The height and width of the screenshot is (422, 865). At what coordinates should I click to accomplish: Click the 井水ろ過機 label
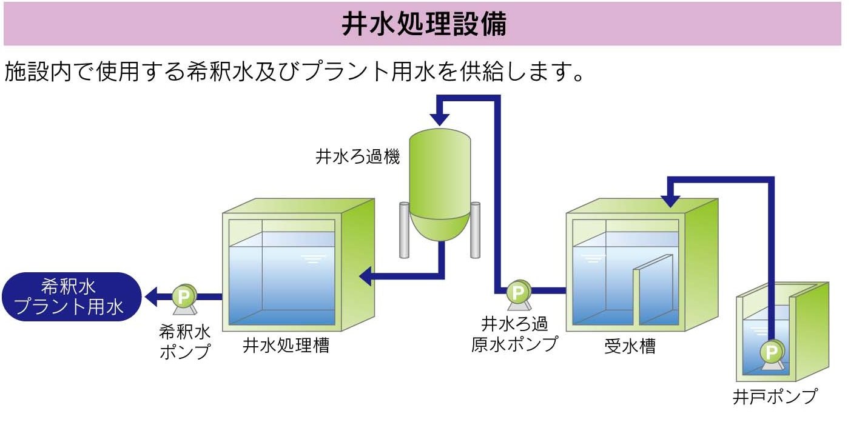[x=357, y=158]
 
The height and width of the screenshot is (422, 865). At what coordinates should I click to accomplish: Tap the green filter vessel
[x=440, y=182]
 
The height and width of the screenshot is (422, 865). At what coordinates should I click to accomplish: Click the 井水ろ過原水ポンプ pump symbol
[x=517, y=292]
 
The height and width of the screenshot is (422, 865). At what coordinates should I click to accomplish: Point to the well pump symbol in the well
[x=772, y=352]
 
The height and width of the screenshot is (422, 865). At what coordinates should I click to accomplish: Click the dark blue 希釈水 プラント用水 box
[x=72, y=296]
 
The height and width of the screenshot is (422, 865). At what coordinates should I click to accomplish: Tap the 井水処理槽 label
[x=286, y=346]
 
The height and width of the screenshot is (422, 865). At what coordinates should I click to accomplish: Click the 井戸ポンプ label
[x=775, y=397]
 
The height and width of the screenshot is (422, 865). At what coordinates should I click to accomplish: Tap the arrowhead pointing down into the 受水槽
[x=671, y=200]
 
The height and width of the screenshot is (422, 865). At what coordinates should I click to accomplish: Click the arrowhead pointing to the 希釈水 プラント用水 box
[x=151, y=297]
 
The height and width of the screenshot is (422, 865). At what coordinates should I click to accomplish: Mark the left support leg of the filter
[x=404, y=230]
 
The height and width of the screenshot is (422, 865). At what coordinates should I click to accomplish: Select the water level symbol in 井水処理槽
[x=312, y=260]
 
